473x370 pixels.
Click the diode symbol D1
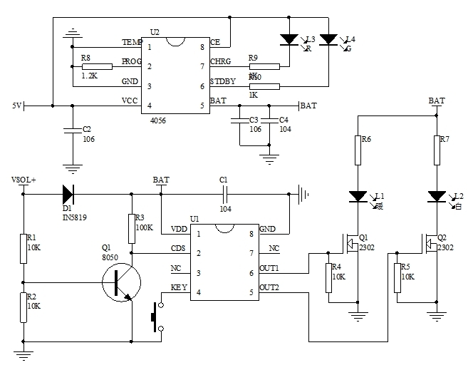coord(68,192)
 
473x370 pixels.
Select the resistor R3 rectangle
coord(131,227)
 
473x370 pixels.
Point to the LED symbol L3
coord(289,40)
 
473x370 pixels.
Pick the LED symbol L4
coord(328,40)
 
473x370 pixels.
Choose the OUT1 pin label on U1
coord(269,268)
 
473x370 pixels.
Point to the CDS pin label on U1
coord(178,249)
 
